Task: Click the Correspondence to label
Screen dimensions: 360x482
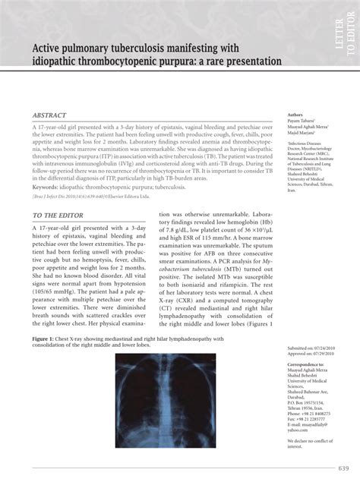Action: (x=306, y=366)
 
